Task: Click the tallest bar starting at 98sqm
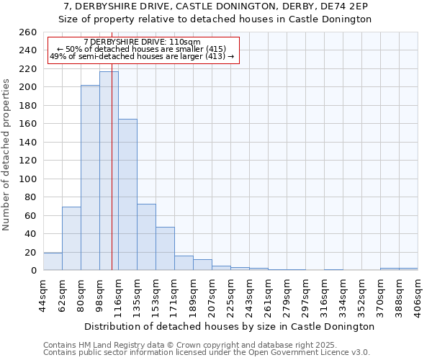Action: pyautogui.click(x=109, y=171)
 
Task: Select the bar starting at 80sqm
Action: pyautogui.click(x=90, y=177)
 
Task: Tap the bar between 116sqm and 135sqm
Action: pyautogui.click(x=127, y=194)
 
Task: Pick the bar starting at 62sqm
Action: pyautogui.click(x=71, y=238)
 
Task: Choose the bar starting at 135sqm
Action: pyautogui.click(x=146, y=237)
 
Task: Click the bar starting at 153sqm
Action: pyautogui.click(x=165, y=248)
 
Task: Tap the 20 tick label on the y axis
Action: pyautogui.click(x=30, y=252)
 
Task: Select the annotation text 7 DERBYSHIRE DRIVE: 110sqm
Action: pyautogui.click(x=142, y=42)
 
